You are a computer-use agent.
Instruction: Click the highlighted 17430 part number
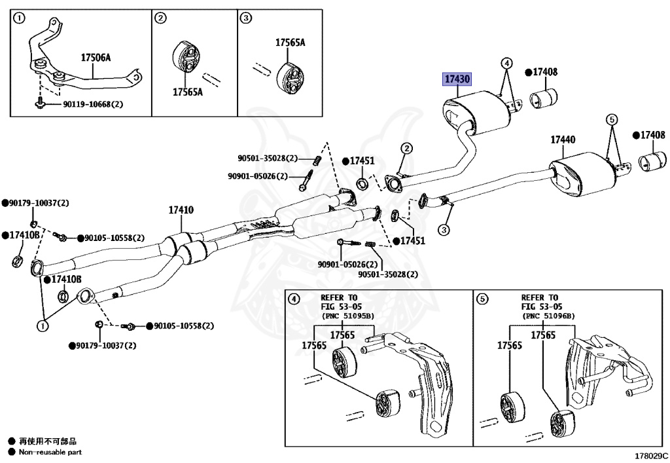[x=457, y=79]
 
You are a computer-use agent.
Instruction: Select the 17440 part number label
[x=563, y=139]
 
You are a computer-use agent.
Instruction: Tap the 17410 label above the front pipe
[x=181, y=210]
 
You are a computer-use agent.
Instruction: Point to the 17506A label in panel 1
[x=96, y=58]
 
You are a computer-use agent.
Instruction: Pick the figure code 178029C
[x=652, y=455]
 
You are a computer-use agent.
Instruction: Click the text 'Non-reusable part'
[x=50, y=452]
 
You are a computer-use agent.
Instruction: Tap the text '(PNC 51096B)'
[x=548, y=316]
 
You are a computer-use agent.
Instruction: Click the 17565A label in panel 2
[x=188, y=92]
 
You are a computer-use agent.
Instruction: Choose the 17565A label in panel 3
[x=290, y=43]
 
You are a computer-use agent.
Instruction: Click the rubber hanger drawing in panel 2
[x=185, y=59]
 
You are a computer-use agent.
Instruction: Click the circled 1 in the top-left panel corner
[x=20, y=18]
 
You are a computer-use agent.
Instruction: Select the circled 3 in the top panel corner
[x=246, y=18]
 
